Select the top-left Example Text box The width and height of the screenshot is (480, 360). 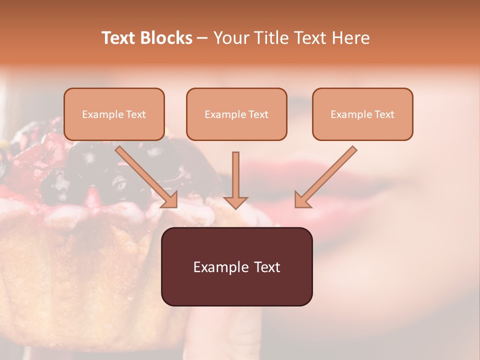click(114, 114)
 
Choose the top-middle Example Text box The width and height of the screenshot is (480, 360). click(236, 114)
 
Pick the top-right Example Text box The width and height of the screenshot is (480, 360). click(362, 114)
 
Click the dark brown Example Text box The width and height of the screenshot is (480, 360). click(236, 267)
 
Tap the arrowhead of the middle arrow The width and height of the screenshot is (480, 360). click(235, 201)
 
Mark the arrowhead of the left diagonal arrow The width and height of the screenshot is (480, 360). click(170, 199)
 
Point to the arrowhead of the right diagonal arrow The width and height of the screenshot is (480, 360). click(302, 200)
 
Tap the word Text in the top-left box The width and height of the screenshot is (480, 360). click(135, 114)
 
